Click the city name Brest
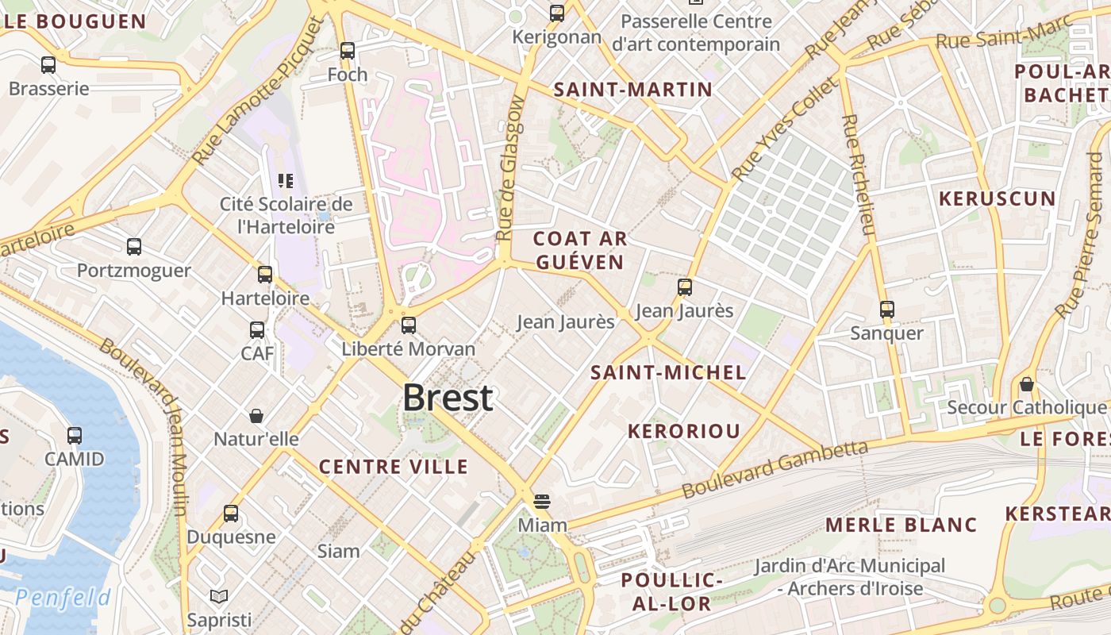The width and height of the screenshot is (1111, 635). (x=448, y=398)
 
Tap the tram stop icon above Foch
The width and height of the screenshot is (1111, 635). (x=348, y=51)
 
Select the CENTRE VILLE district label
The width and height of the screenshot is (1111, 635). (x=394, y=467)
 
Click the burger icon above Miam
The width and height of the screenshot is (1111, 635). (x=542, y=501)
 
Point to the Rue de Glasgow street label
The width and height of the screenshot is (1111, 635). (x=510, y=168)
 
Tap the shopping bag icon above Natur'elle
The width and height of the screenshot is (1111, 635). (x=256, y=415)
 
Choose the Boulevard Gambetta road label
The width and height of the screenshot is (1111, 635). (x=775, y=469)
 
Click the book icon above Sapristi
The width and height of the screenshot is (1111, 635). (x=219, y=596)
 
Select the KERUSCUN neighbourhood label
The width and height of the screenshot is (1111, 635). (x=998, y=198)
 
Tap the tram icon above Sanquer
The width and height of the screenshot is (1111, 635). (x=887, y=309)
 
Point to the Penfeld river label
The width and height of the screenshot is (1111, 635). (x=63, y=597)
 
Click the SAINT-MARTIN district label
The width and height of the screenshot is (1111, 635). (x=633, y=90)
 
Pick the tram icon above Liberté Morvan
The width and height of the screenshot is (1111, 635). (x=409, y=325)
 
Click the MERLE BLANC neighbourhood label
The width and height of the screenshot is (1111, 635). (x=901, y=525)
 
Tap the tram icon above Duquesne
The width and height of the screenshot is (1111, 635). (x=231, y=513)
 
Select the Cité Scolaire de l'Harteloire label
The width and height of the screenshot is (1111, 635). (x=286, y=215)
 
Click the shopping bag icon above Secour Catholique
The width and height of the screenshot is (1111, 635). (x=1027, y=384)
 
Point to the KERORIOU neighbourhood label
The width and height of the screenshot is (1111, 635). (x=684, y=431)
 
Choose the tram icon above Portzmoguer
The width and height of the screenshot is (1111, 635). (x=134, y=247)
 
